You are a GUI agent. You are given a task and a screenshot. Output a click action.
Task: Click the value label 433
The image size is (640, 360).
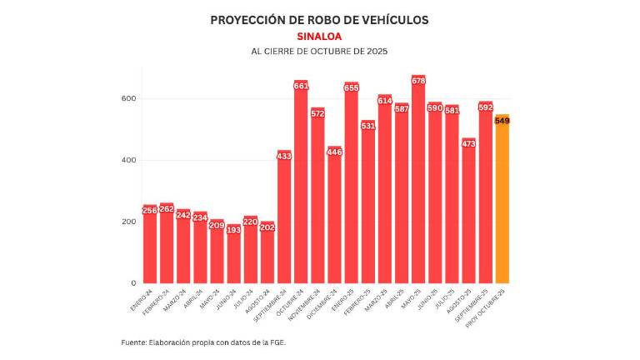pyautogui.click(x=284, y=156)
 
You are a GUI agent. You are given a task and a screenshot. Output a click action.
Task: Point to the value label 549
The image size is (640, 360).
pyautogui.click(x=502, y=121)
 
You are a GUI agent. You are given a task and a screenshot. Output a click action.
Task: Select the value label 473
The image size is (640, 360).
pyautogui.click(x=468, y=144)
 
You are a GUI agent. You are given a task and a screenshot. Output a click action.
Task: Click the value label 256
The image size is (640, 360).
pyautogui.click(x=150, y=211)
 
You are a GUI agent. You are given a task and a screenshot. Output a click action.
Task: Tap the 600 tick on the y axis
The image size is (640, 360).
pyautogui.click(x=127, y=99)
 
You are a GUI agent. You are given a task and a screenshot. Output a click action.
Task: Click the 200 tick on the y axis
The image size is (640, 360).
pyautogui.click(x=127, y=222)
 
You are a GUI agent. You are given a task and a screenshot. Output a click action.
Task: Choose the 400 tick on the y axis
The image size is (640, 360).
pyautogui.click(x=127, y=161)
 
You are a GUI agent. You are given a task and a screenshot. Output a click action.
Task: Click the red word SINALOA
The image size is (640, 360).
pyautogui.click(x=319, y=37)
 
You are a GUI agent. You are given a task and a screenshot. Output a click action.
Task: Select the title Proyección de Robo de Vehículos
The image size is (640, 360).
pyautogui.click(x=319, y=20)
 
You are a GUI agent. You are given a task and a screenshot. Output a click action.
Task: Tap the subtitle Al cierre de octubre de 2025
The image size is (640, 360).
pyautogui.click(x=319, y=52)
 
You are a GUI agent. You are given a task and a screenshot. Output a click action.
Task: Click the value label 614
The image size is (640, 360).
pyautogui.click(x=385, y=101)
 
